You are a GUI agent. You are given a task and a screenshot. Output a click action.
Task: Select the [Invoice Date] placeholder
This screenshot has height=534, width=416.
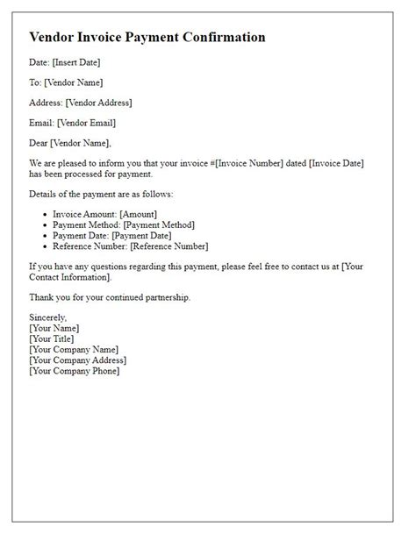[x=326, y=164]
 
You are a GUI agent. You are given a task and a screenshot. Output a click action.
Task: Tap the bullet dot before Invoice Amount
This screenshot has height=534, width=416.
[x=46, y=214]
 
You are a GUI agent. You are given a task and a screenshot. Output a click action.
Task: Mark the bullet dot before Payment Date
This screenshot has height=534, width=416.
[x=46, y=236]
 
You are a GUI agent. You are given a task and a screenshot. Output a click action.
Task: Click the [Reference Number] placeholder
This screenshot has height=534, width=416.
[x=169, y=246]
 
